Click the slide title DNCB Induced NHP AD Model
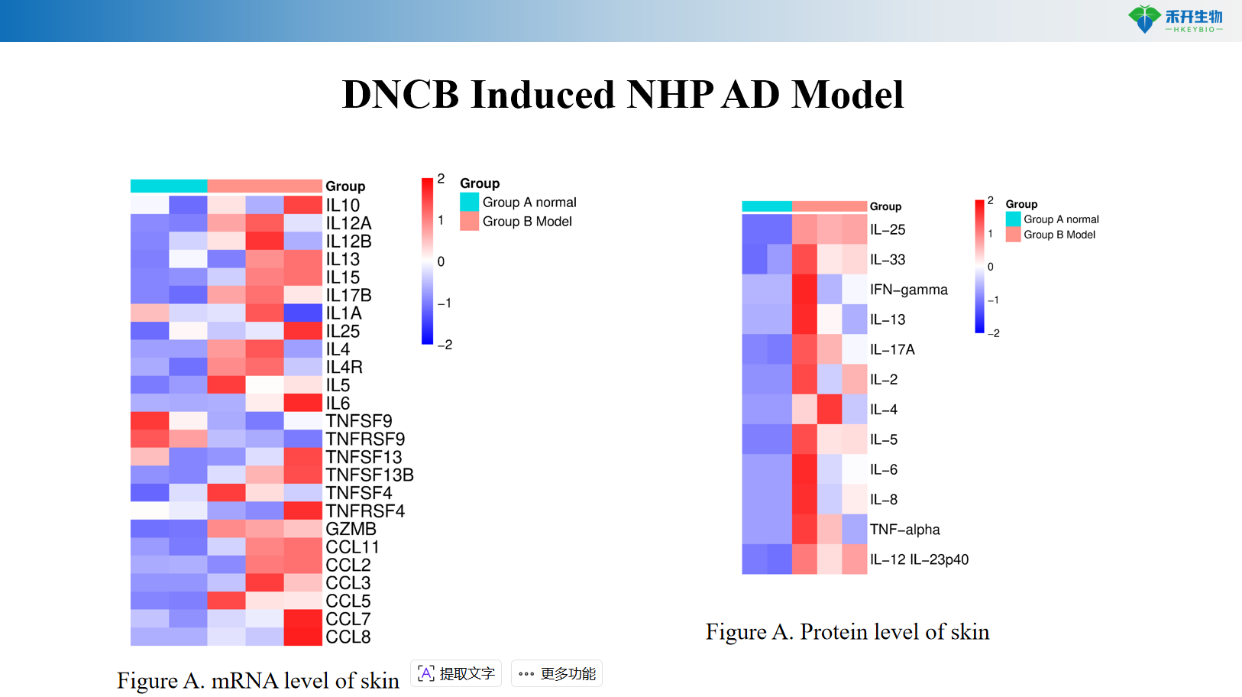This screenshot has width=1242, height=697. (x=623, y=95)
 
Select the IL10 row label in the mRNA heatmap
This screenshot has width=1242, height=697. (x=342, y=206)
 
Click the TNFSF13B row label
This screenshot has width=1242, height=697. (x=370, y=475)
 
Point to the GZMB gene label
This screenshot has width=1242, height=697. (x=351, y=529)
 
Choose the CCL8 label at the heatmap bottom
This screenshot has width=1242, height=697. (x=348, y=637)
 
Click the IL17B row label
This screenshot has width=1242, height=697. (x=348, y=295)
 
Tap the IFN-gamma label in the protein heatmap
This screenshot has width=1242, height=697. (x=908, y=290)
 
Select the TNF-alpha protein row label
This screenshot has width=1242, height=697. (x=904, y=530)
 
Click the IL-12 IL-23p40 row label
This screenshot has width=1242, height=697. (x=919, y=559)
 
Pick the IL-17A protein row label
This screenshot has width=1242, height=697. (x=892, y=349)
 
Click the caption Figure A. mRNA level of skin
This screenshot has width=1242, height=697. (x=258, y=680)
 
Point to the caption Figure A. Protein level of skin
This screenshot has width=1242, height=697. (x=847, y=632)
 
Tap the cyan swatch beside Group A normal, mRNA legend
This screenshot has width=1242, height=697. (x=469, y=202)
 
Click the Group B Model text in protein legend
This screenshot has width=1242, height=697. (x=1059, y=235)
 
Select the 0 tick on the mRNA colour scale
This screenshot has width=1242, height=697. (x=441, y=261)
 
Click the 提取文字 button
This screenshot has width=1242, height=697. (x=456, y=673)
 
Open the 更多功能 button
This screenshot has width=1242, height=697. (x=556, y=673)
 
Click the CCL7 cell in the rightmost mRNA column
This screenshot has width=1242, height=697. (x=302, y=619)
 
